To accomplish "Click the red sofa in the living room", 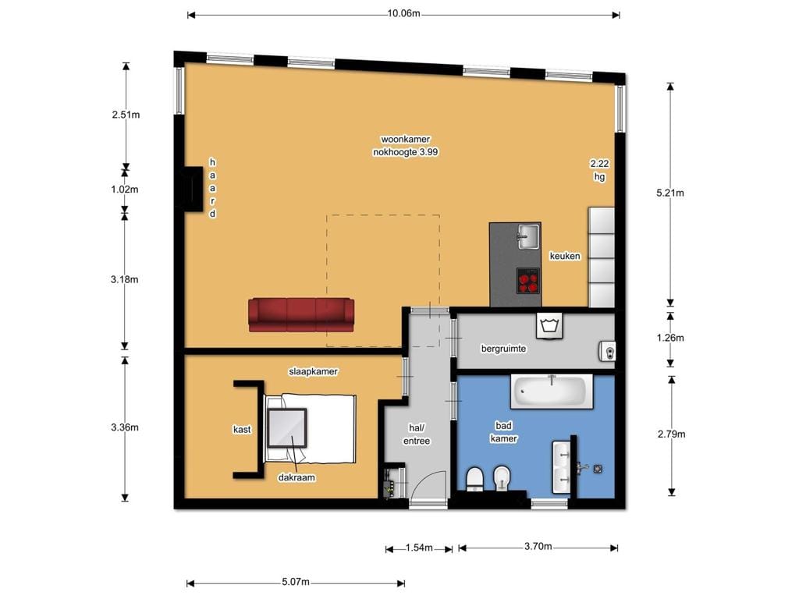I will [300, 314].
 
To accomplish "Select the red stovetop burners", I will [528, 279].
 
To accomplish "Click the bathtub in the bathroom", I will [551, 391].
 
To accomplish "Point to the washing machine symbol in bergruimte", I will [551, 325].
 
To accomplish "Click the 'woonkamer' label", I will [404, 140].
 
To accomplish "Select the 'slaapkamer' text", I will [313, 372].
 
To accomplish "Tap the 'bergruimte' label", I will [503, 349].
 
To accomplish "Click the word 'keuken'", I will [565, 256].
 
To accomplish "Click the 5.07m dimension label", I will [295, 583].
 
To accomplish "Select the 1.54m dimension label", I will [419, 548].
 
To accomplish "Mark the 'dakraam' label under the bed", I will [297, 478].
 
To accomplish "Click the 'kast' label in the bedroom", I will [242, 429].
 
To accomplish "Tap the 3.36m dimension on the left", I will [125, 427].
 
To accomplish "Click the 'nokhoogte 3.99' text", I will [405, 153].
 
